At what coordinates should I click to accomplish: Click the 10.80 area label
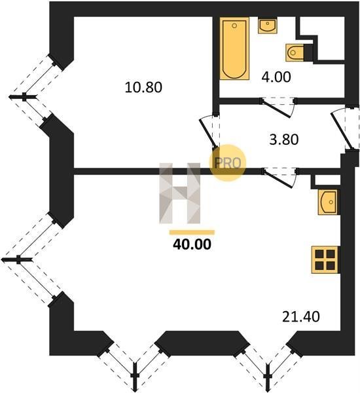click(143, 87)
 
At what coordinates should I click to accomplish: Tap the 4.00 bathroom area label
click(276, 77)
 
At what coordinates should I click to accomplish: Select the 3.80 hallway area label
click(284, 140)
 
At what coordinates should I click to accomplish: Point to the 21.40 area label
click(300, 316)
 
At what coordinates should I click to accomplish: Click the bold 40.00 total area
click(192, 244)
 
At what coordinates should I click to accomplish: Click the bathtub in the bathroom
click(234, 48)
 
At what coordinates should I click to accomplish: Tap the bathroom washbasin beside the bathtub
click(268, 26)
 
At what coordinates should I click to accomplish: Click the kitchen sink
click(328, 202)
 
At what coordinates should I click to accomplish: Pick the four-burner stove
click(325, 259)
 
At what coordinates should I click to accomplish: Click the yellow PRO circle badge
click(228, 163)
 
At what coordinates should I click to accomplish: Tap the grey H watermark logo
click(179, 193)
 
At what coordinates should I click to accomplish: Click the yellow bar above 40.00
click(192, 233)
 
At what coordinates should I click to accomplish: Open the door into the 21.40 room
click(279, 178)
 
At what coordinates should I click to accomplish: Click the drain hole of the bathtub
click(234, 26)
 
